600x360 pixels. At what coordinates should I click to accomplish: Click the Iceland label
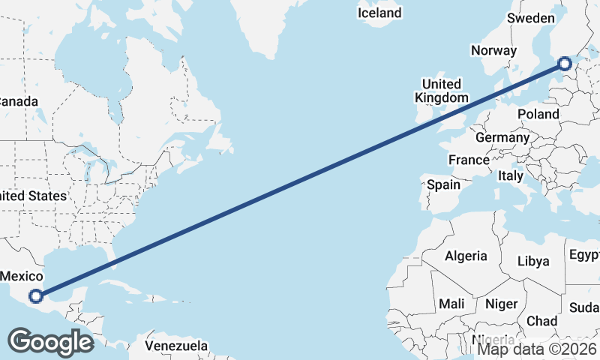point(379,13)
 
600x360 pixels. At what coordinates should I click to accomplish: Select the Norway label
point(493,51)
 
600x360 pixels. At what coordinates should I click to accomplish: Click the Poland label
point(538,114)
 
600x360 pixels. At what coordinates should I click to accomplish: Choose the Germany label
point(502,138)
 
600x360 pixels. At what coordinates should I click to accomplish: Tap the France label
point(469,160)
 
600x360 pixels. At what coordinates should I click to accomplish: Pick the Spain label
point(443,184)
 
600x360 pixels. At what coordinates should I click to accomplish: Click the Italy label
point(511,175)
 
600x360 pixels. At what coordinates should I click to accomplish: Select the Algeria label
point(466,256)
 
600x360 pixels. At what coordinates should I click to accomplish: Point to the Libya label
point(534,262)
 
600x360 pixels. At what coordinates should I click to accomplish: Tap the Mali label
point(451,304)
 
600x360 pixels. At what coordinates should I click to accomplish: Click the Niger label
point(502,304)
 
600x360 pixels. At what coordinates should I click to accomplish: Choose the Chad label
point(541,321)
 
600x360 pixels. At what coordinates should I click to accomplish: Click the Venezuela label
point(176,346)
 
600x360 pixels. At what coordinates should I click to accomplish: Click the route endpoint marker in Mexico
point(36,296)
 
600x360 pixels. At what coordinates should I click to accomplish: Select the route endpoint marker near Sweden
point(565,64)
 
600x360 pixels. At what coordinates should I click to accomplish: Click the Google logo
point(50,342)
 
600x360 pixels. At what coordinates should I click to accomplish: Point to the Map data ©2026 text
point(537,348)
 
